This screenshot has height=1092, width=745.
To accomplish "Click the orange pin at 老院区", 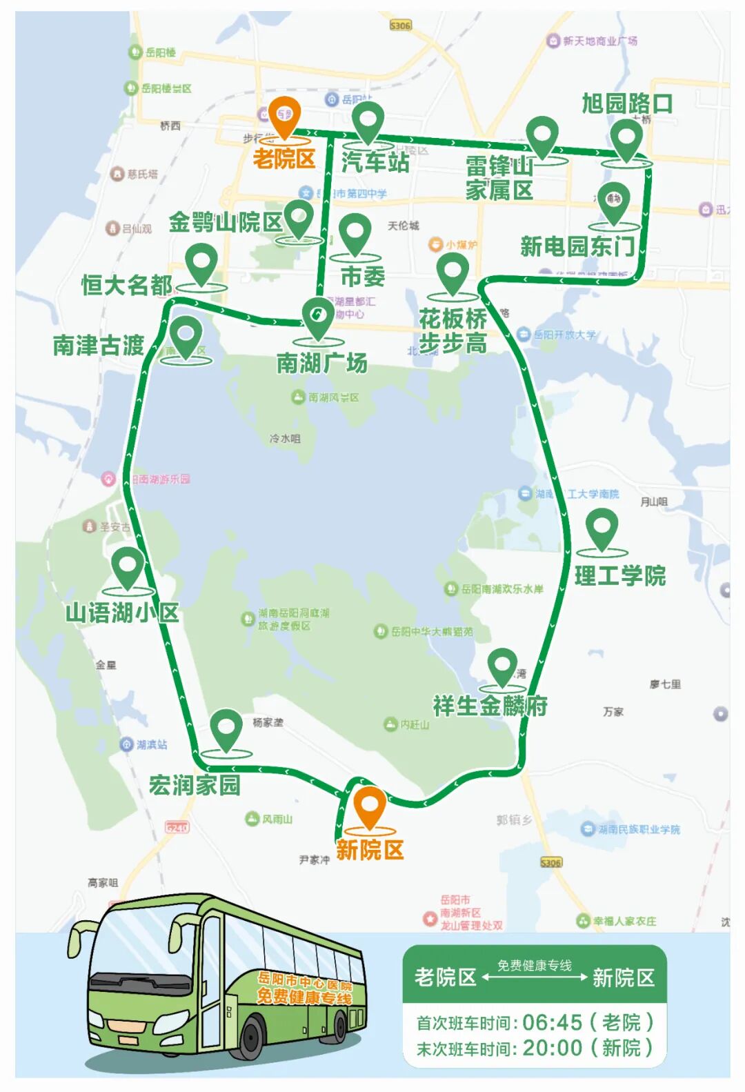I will pyautogui.click(x=284, y=115).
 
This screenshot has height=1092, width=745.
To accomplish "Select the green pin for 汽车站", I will pyautogui.click(x=368, y=123).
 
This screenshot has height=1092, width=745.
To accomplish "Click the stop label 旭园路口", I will pyautogui.click(x=627, y=103).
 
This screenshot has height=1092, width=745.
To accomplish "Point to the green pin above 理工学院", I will pyautogui.click(x=602, y=529).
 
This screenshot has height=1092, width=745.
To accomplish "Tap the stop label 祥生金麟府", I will pyautogui.click(x=490, y=706).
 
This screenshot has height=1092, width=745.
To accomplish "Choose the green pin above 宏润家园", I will pyautogui.click(x=226, y=730).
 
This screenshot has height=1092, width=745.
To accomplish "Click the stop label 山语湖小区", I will pyautogui.click(x=122, y=613).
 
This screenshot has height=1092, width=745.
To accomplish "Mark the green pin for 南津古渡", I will pyautogui.click(x=186, y=335).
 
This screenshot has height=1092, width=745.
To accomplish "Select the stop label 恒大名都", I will pyautogui.click(x=127, y=284).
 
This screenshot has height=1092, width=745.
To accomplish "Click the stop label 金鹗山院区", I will pyautogui.click(x=226, y=222).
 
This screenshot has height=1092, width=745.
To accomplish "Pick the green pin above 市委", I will pyautogui.click(x=355, y=234).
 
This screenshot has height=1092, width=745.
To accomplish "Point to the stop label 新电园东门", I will pyautogui.click(x=577, y=246).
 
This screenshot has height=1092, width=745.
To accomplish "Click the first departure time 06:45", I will pyautogui.click(x=552, y=1022).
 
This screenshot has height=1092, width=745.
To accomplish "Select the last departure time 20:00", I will pyautogui.click(x=552, y=1048).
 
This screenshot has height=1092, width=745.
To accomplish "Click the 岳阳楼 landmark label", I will pyautogui.click(x=160, y=52).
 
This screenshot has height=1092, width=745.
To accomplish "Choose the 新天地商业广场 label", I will pyautogui.click(x=599, y=41).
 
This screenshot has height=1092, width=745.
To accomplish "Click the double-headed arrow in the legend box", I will pyautogui.click(x=535, y=977).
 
